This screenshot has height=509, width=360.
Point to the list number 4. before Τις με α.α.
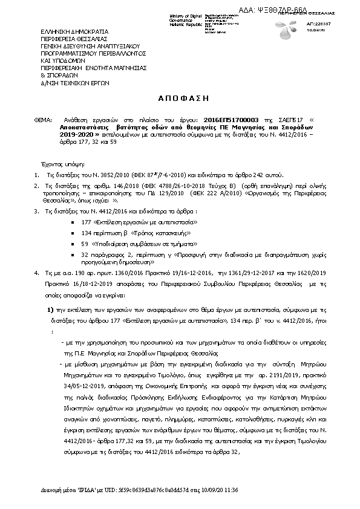[x=37, y=273]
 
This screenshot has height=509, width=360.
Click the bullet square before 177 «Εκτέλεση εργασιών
[x=73, y=223]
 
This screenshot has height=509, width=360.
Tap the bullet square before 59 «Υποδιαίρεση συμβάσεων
[x=73, y=244]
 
